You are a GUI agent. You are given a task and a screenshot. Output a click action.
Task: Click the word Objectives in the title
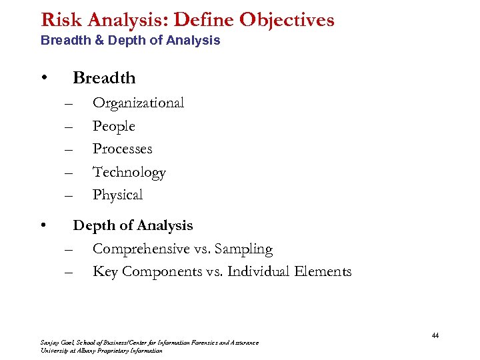(x=287, y=20)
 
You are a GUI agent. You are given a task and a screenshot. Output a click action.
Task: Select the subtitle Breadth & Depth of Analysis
(x=130, y=41)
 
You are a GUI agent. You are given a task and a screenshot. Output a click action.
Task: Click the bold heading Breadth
(x=104, y=78)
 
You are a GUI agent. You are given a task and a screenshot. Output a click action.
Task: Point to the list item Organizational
(x=138, y=103)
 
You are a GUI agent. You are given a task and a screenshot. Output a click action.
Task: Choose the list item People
(x=113, y=126)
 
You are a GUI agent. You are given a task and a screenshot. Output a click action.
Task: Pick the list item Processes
(x=122, y=149)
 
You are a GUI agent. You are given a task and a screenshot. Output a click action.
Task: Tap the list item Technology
(x=129, y=172)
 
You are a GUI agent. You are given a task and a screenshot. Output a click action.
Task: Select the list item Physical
(x=117, y=195)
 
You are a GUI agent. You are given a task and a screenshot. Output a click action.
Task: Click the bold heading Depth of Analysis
(x=133, y=225)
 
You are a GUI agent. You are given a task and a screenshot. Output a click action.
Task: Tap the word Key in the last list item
(x=104, y=271)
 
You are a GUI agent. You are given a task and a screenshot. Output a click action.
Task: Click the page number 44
(x=435, y=335)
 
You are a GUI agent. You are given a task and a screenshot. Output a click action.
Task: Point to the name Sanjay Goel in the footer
(x=55, y=343)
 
